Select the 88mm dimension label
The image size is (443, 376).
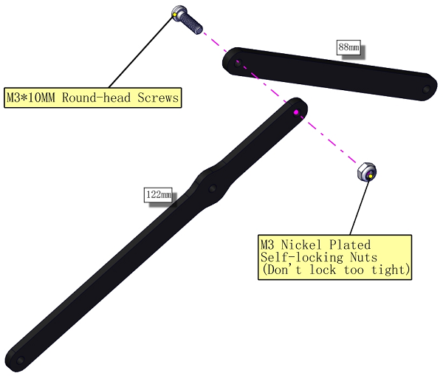click(x=349, y=47)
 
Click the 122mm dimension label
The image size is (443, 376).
click(x=158, y=194)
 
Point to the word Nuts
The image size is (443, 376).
click(x=363, y=257)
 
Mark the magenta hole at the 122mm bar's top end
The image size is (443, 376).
click(x=296, y=112)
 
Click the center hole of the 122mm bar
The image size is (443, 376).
click(x=213, y=188)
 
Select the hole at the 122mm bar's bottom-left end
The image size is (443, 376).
click(x=20, y=360)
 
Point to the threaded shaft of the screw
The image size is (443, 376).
click(x=195, y=24)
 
